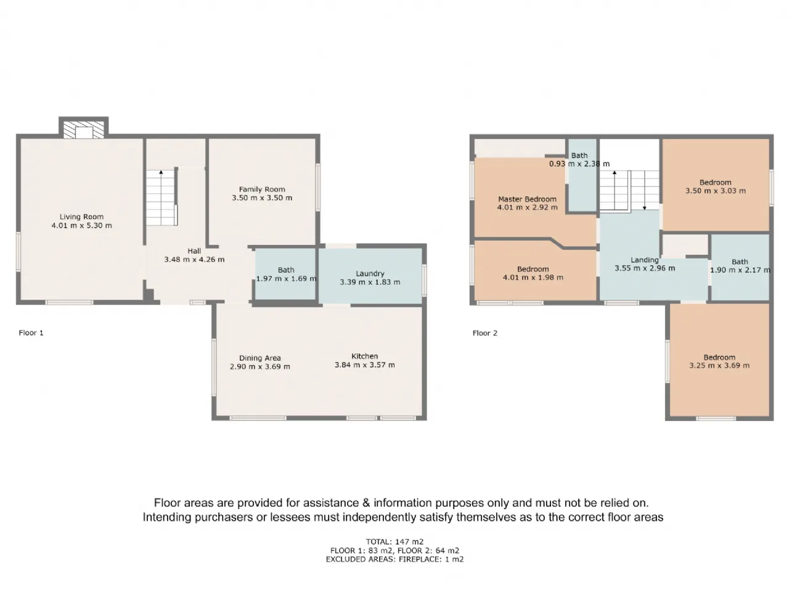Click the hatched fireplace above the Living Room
click(x=83, y=129)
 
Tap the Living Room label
click(x=81, y=217)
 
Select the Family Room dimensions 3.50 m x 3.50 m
click(x=262, y=198)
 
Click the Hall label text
click(x=194, y=251)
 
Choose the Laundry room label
click(x=370, y=274)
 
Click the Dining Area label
click(x=260, y=358)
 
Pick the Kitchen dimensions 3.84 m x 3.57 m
click(x=365, y=365)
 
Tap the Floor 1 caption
click(x=31, y=332)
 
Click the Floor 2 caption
click(x=485, y=333)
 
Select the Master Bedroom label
click(x=527, y=199)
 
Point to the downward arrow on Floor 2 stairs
click(x=645, y=190)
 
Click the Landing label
click(x=645, y=260)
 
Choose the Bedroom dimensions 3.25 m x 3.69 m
click(x=719, y=366)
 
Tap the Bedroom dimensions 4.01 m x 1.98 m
click(x=533, y=278)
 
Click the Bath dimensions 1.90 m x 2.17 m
click(x=740, y=270)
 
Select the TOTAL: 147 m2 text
click(x=394, y=542)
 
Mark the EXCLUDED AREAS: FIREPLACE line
click(x=394, y=559)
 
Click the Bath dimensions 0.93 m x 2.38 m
click(x=579, y=164)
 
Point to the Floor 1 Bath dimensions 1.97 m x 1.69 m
click(x=286, y=278)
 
